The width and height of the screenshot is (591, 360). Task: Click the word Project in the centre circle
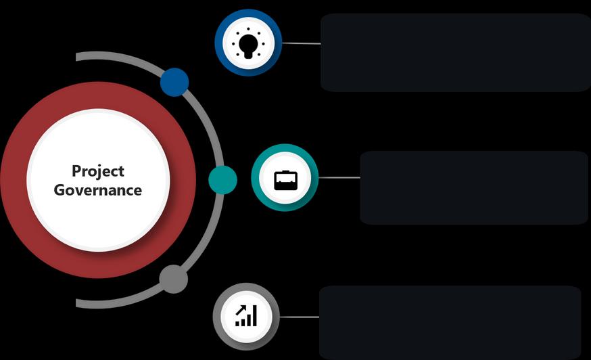98,171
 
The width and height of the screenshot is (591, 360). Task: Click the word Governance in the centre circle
98,190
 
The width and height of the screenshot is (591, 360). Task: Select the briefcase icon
285,179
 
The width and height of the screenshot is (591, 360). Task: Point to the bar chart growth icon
246,316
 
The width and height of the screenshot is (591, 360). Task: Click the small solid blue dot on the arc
174,82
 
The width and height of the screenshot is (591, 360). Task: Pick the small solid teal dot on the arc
222,180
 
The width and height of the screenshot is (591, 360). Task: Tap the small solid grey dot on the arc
173,279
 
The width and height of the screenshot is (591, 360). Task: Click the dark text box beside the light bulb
454,52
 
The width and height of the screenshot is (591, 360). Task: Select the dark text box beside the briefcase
473,187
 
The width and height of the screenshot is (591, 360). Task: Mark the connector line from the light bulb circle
301,43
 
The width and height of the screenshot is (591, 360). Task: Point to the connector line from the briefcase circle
339,178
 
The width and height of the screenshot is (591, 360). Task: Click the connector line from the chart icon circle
299,317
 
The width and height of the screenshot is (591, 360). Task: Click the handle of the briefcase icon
285,172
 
